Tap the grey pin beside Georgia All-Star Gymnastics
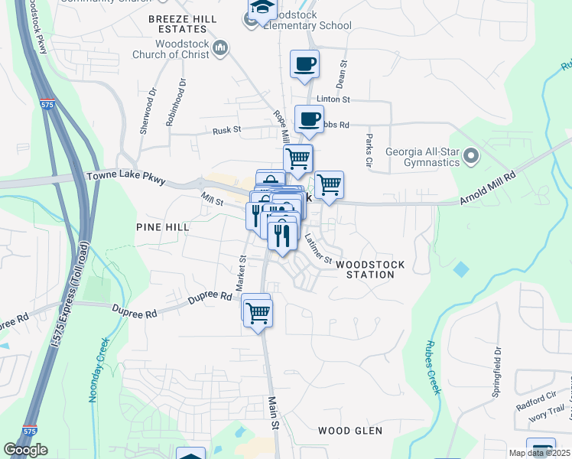click(471, 157)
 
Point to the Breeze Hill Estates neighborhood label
click(178, 24)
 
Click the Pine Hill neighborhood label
click(162, 227)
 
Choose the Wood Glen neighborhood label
click(349, 431)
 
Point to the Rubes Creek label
click(434, 367)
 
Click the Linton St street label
click(333, 99)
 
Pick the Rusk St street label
click(226, 129)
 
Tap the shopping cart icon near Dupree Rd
click(258, 312)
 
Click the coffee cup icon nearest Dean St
click(305, 64)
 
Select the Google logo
click(26, 450)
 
